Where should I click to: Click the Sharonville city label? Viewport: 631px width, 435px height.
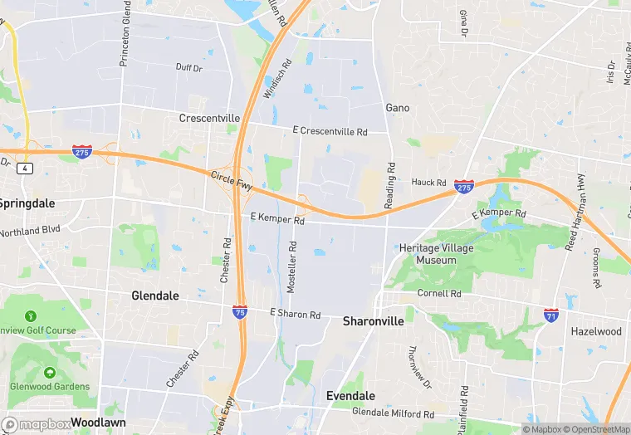(373, 321)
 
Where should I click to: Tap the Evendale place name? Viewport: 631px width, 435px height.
(350, 396)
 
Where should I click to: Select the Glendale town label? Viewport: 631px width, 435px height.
(156, 296)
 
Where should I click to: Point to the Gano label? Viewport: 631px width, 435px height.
(398, 108)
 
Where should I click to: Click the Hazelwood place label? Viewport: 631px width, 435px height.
(595, 331)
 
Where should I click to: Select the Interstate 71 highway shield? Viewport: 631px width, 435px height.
(551, 315)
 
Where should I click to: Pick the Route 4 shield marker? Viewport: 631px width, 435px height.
(27, 169)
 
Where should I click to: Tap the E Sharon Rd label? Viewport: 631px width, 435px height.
(296, 315)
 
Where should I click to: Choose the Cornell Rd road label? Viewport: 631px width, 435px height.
(439, 294)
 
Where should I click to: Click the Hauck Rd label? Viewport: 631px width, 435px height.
(429, 182)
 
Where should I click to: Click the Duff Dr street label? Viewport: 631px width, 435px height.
(188, 68)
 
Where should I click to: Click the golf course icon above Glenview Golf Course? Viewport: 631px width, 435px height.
(31, 316)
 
